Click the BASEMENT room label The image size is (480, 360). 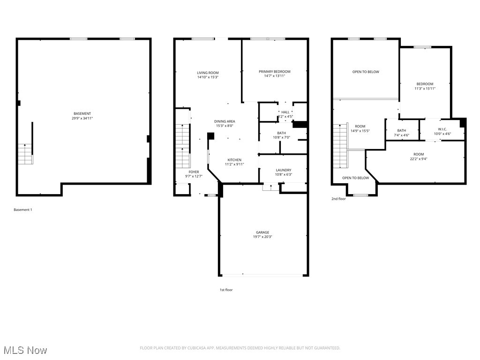point(82,113)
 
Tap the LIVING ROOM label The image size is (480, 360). point(208,73)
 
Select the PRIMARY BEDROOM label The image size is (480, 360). point(274,71)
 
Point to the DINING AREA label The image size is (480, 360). point(225,121)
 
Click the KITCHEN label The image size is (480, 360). point(234,160)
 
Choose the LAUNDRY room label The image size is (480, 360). point(283,170)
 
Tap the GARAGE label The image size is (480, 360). point(262,232)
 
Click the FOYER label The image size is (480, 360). point(194,172)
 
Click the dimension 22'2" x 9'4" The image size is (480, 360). point(418,159)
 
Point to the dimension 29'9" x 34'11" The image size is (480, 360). point(82,118)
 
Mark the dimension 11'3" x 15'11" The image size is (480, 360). point(425,89)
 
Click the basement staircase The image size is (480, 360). point(25,154)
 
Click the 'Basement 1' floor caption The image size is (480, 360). point(23,210)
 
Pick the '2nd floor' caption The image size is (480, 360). point(338,199)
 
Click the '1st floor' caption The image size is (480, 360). point(226,290)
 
